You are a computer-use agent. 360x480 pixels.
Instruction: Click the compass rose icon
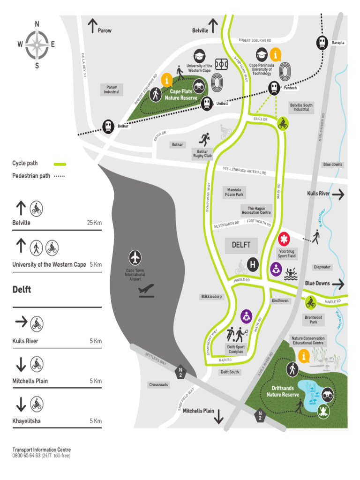click(x=37, y=45)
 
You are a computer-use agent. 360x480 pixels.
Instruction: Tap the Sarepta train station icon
click(x=322, y=42)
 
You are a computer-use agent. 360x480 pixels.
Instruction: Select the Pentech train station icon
click(x=274, y=87)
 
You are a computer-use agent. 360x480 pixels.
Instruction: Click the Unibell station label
click(x=222, y=104)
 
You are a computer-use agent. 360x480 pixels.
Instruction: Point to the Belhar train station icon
click(x=108, y=126)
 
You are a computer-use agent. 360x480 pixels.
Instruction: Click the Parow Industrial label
click(x=112, y=90)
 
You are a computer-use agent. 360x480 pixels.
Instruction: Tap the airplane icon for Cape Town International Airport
click(x=135, y=257)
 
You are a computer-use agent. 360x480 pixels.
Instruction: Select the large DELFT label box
click(x=241, y=245)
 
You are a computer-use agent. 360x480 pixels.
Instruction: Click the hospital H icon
click(x=253, y=265)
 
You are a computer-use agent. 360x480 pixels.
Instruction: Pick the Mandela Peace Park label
click(x=234, y=192)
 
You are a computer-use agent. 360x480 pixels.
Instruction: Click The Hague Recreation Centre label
click(x=256, y=210)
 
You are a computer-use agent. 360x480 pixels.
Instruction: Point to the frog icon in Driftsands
click(x=322, y=412)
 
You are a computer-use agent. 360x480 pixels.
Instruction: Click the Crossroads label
click(x=159, y=385)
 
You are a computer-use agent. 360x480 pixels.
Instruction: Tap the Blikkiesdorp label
click(x=212, y=297)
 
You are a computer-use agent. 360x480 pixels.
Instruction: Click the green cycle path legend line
click(x=60, y=164)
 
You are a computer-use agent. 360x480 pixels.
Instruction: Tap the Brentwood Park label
click(x=314, y=320)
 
